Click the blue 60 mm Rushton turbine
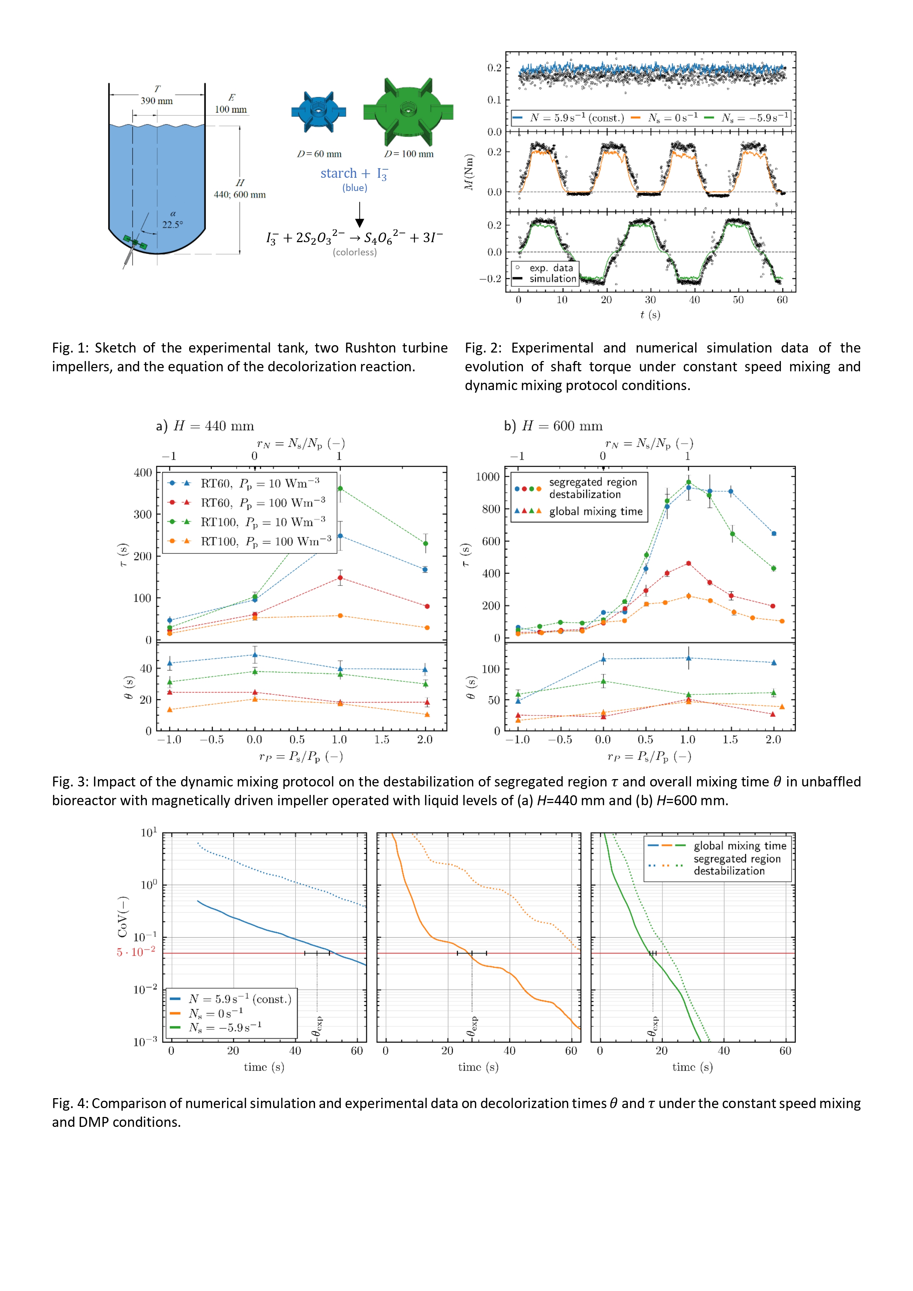click(318, 112)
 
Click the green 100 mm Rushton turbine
click(408, 112)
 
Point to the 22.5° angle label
click(173, 224)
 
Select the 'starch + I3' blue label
click(354, 174)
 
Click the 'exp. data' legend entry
click(551, 268)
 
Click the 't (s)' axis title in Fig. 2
click(650, 315)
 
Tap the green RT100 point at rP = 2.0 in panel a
click(425, 543)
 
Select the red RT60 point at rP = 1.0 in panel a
click(340, 577)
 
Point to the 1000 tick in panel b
click(488, 477)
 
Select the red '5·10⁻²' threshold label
click(135, 952)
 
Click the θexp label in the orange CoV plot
click(473, 1026)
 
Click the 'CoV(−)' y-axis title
click(122, 916)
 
